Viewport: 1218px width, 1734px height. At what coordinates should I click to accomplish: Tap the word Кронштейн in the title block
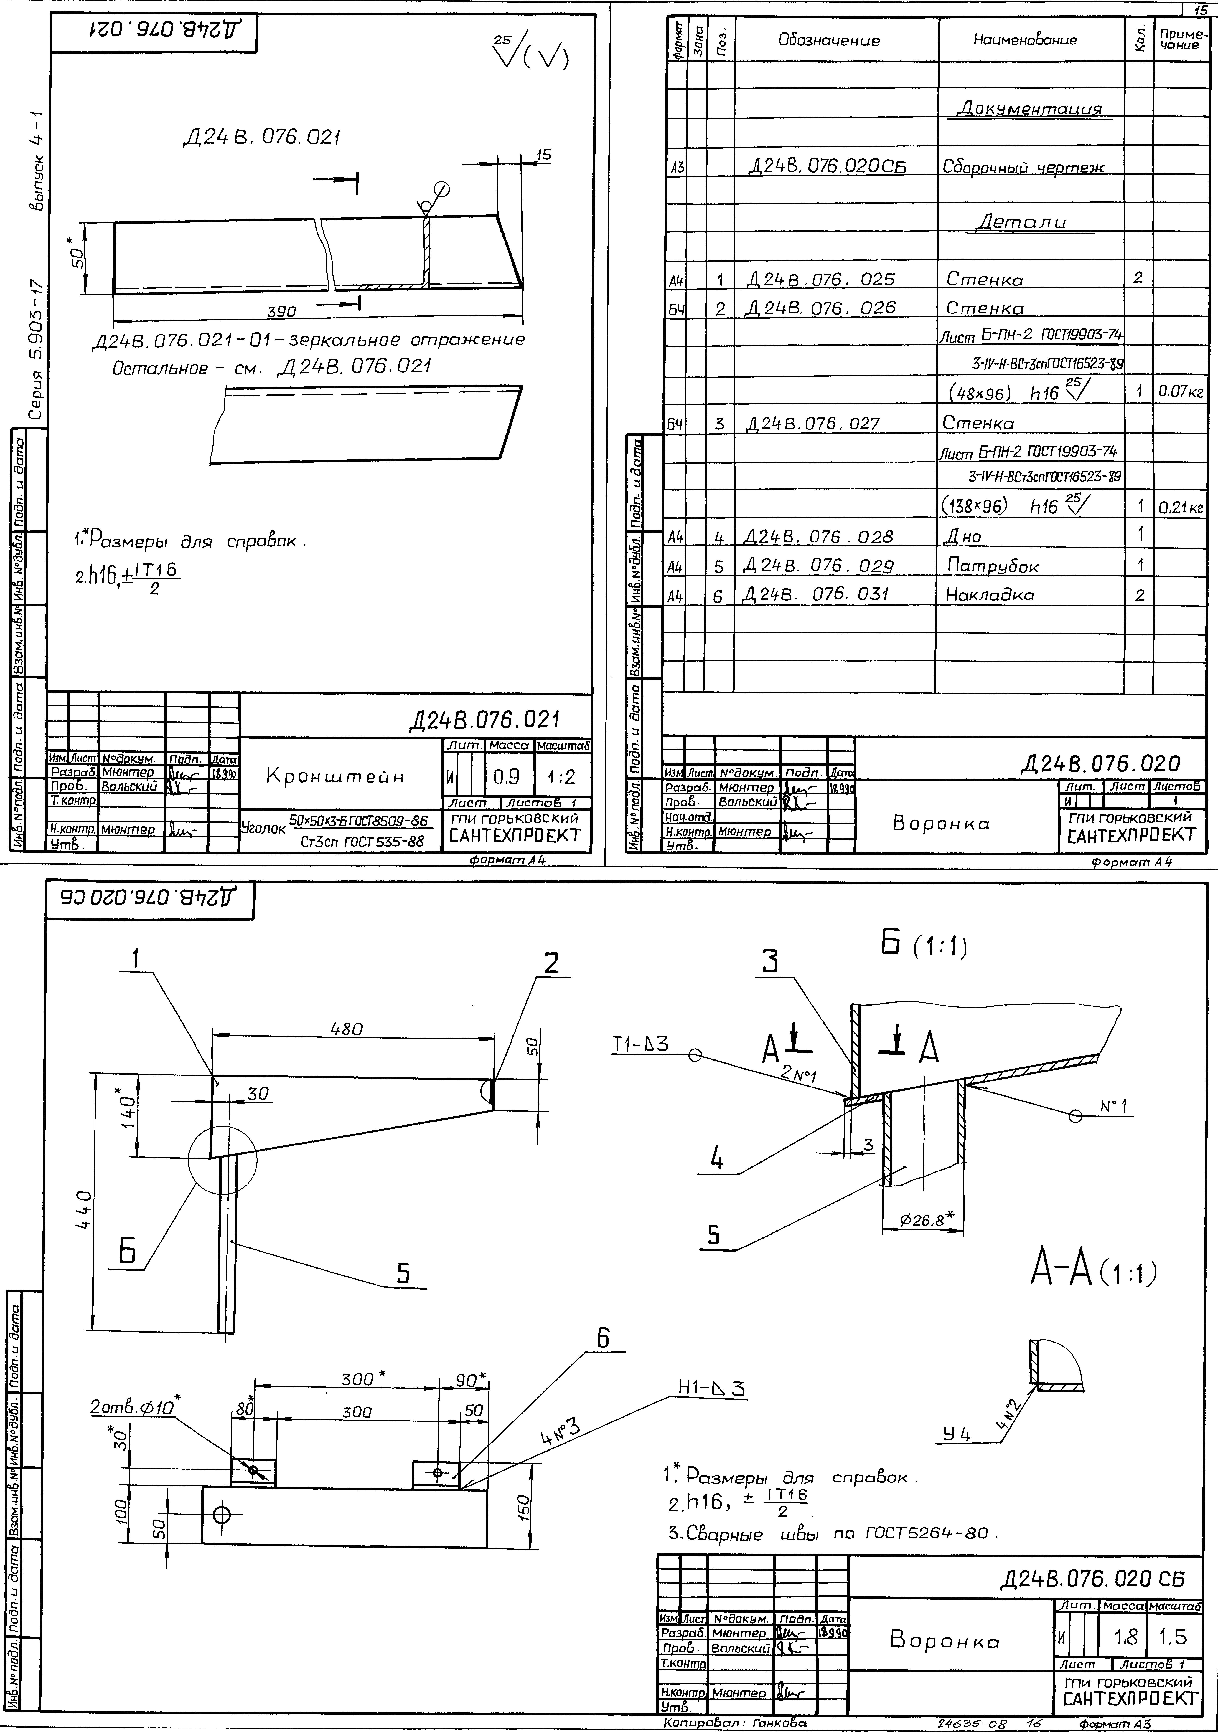click(335, 776)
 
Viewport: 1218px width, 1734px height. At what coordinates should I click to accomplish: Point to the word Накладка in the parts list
click(990, 595)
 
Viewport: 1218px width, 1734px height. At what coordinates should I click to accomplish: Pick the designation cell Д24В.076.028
click(818, 537)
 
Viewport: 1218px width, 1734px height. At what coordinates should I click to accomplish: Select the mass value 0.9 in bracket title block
click(505, 776)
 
